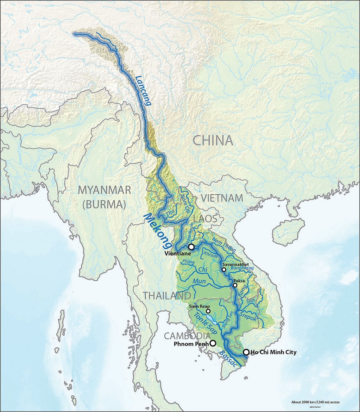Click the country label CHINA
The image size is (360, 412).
click(212, 140)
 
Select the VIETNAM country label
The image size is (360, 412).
click(223, 199)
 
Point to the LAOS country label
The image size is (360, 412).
click(206, 219)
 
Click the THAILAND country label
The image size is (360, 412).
click(167, 296)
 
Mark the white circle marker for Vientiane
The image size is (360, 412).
click(191, 247)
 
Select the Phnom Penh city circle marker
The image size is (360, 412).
click(213, 343)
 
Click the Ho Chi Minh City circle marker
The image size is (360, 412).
click(246, 352)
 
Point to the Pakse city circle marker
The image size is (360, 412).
click(235, 285)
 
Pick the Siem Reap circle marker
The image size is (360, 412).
click(208, 311)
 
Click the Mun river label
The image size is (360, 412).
click(199, 282)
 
